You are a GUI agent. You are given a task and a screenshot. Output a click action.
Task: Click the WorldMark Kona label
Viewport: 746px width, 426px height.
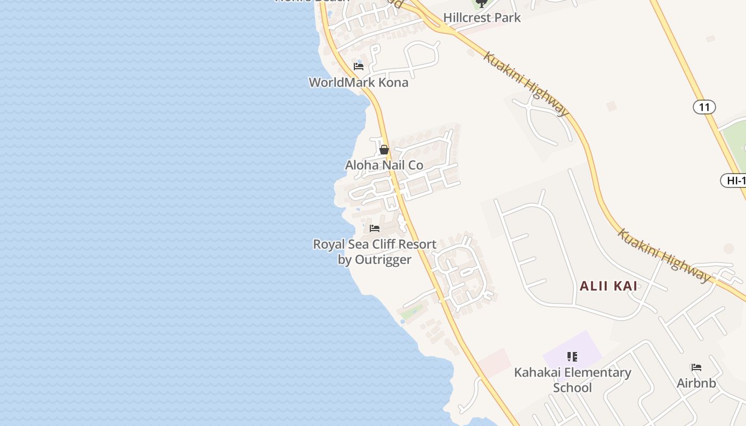359,83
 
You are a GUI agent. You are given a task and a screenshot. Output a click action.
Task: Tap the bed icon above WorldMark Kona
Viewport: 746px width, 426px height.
359,67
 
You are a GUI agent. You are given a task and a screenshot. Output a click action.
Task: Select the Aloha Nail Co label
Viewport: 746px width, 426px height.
384,165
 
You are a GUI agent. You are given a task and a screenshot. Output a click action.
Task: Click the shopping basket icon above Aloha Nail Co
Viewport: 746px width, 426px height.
384,150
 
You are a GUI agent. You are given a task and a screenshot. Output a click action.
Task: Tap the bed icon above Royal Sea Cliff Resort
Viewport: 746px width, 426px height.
375,228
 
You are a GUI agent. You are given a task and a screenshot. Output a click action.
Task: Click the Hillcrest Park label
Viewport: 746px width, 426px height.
482,18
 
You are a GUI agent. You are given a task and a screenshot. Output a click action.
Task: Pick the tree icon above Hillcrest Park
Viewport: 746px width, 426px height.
481,3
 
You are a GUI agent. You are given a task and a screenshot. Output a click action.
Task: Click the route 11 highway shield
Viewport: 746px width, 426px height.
704,107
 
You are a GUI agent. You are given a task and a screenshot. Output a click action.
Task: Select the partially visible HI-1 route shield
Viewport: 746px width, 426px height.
735,181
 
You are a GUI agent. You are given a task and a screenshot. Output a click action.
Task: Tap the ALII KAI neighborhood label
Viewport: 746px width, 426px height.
609,286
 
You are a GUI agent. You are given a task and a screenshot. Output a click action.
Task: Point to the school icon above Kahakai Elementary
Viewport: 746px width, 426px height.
572,356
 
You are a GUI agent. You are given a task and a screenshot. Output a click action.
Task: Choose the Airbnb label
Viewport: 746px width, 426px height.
696,383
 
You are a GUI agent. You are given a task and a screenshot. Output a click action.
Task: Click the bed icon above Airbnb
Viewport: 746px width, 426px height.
696,367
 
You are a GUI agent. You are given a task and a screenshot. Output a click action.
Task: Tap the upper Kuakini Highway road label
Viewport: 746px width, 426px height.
526,84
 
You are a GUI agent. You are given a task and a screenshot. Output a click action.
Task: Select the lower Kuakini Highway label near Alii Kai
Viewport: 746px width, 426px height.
664,256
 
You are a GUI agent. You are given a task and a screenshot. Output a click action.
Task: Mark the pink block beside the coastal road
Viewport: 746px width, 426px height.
494,362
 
